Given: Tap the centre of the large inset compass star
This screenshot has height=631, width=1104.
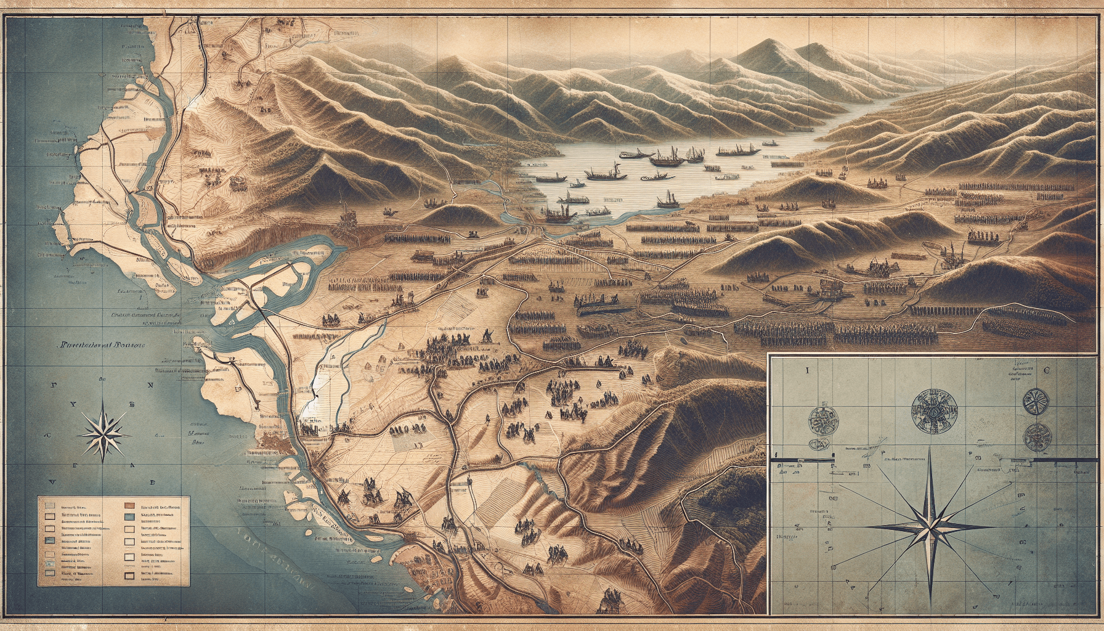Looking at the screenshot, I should tap(928, 526).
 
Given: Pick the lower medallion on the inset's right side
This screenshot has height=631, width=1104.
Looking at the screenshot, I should tap(1033, 436).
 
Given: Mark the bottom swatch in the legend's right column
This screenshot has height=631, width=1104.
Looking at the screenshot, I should tap(129, 576).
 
